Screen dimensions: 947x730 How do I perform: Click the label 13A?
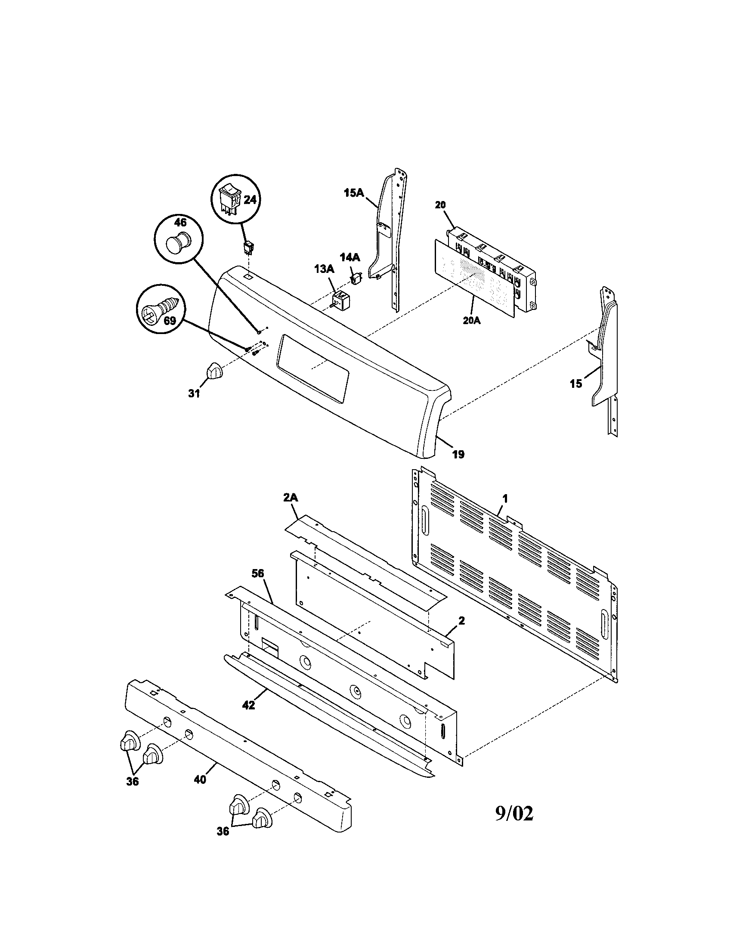(x=324, y=269)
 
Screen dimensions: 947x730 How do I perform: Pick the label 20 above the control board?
(x=440, y=204)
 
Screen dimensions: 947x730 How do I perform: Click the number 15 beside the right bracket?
(x=575, y=384)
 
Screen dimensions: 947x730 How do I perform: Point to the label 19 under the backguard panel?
(x=458, y=455)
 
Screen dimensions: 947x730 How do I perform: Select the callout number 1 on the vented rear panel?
(x=505, y=499)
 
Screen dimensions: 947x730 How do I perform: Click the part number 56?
(x=257, y=574)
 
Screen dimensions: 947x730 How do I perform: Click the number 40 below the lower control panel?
(x=200, y=780)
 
